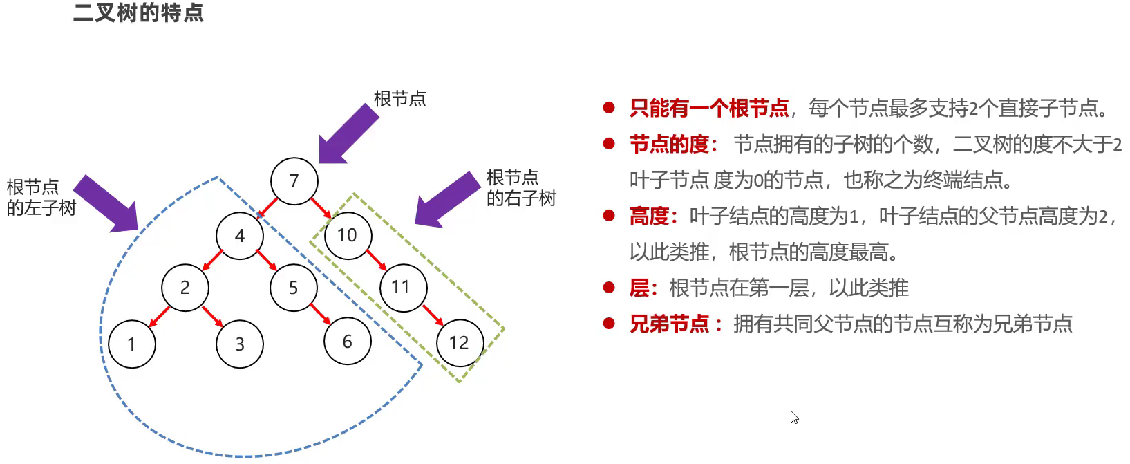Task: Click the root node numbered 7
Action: tap(294, 181)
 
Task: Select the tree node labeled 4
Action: tap(240, 236)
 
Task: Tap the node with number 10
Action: tap(348, 236)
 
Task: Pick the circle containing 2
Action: tap(185, 288)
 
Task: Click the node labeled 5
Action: tap(294, 288)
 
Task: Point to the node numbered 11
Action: tap(403, 288)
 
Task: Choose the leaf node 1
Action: tap(132, 344)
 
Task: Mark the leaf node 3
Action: tap(240, 344)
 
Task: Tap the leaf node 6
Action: tap(348, 341)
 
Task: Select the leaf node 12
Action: tap(460, 343)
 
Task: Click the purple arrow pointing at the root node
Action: tap(348, 135)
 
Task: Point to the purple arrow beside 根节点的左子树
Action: tap(107, 203)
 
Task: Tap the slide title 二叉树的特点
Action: tap(138, 13)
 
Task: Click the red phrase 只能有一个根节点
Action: tap(709, 109)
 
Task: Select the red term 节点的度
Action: tap(669, 145)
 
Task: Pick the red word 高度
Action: tap(649, 216)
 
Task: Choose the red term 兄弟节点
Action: tap(669, 324)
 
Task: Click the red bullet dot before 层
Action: tap(609, 287)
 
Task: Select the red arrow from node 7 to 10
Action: tap(321, 207)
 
